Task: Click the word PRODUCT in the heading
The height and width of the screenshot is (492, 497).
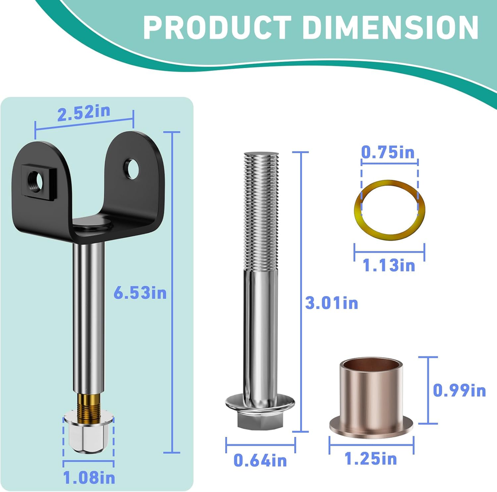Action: click(x=217, y=28)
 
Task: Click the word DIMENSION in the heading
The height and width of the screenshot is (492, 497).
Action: click(x=390, y=28)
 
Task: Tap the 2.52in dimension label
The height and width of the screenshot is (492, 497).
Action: click(x=83, y=113)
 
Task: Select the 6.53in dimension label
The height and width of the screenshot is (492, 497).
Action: click(x=140, y=293)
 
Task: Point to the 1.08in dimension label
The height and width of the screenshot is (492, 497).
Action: click(x=89, y=478)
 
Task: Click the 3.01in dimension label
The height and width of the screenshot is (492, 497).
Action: click(x=331, y=303)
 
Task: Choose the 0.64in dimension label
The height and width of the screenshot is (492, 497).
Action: click(x=260, y=460)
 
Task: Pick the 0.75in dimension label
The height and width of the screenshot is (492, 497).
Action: click(x=388, y=153)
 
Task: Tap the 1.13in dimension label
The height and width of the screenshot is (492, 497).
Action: click(x=389, y=265)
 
